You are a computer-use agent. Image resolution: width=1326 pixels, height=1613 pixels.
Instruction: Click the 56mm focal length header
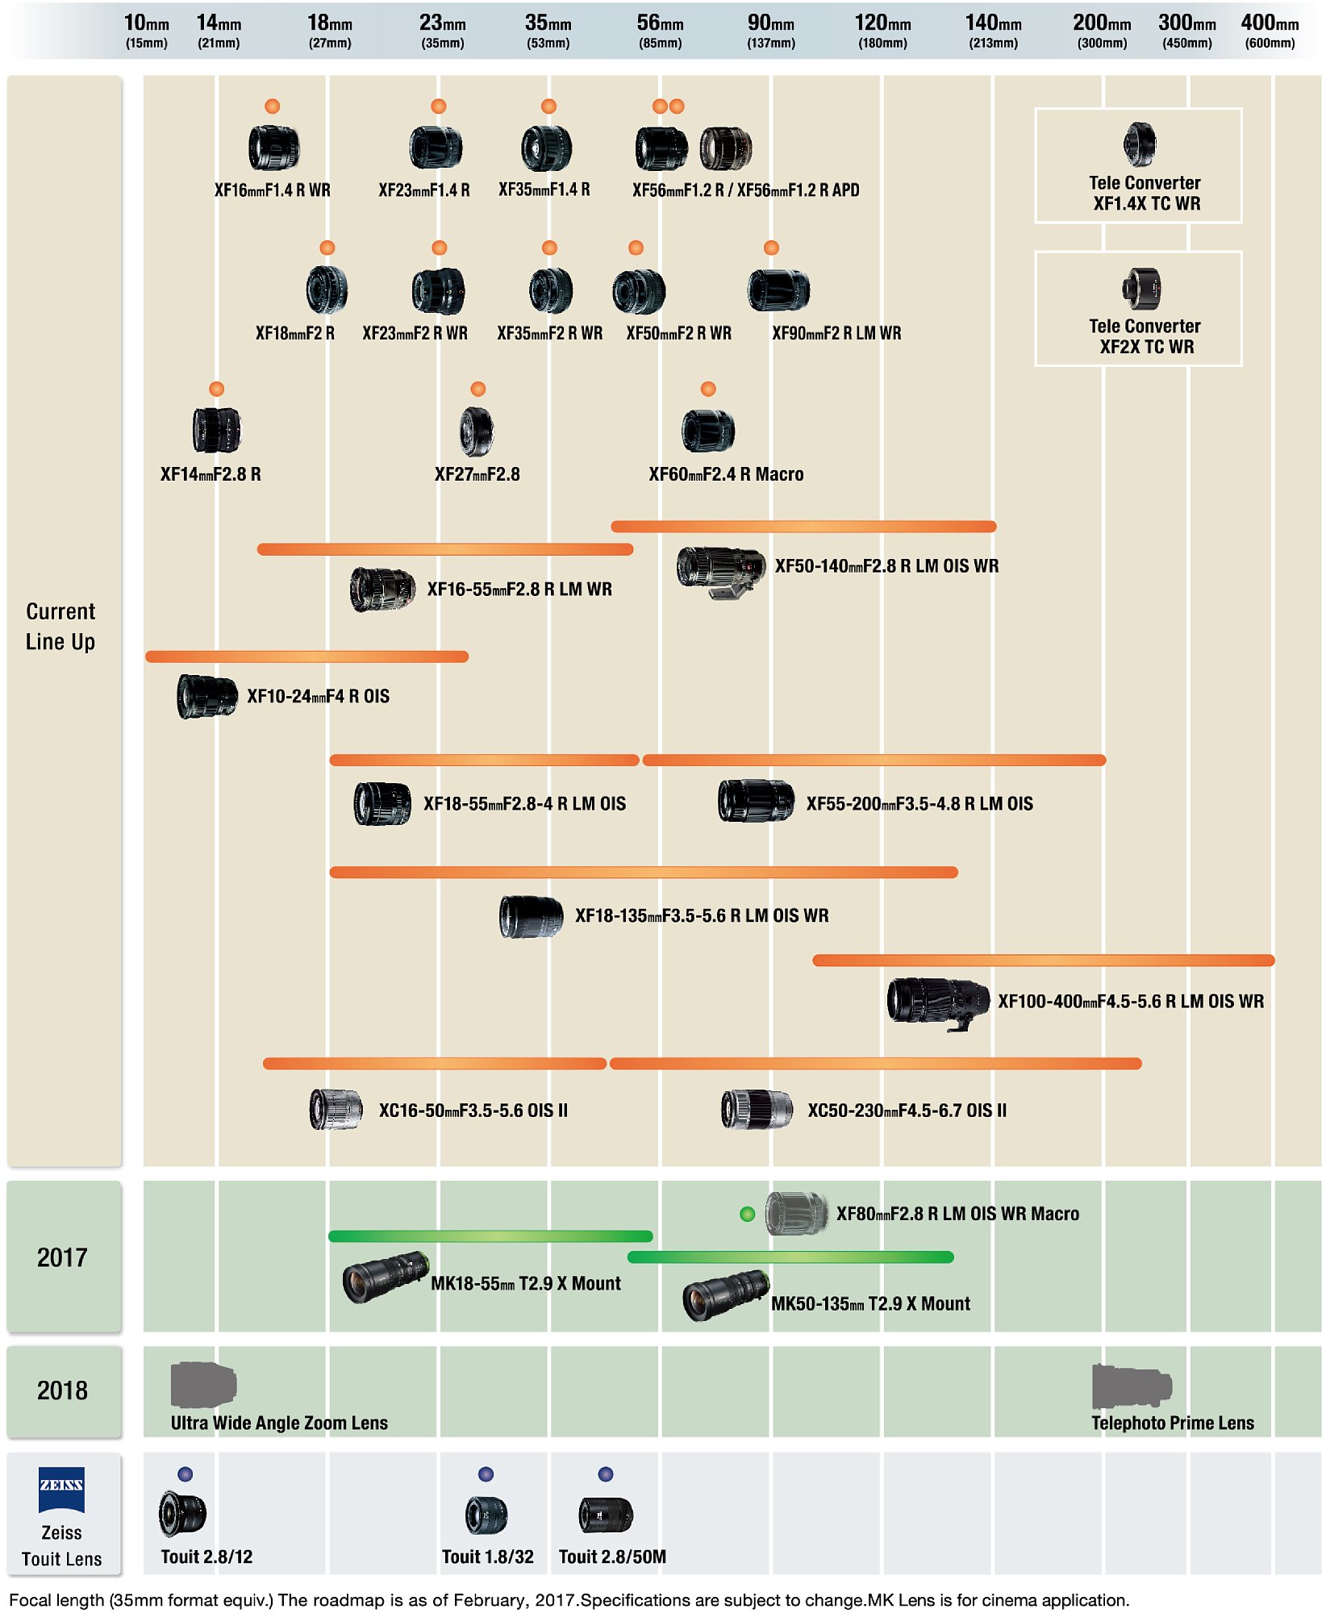tap(660, 31)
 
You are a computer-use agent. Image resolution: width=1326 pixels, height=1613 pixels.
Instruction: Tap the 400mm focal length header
tap(1270, 31)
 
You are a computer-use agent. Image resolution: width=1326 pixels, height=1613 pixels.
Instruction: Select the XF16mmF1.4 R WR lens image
tap(273, 148)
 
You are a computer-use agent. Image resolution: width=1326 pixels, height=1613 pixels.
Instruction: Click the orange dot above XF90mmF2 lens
tap(771, 248)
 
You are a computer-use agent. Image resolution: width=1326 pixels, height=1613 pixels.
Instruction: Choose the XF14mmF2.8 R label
tap(211, 474)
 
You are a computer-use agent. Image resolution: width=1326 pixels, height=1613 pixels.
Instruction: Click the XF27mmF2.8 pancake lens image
tap(477, 431)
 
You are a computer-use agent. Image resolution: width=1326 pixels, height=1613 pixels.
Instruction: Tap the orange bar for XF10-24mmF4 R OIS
tap(306, 656)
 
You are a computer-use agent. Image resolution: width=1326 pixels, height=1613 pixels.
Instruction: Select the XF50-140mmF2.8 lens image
tap(721, 571)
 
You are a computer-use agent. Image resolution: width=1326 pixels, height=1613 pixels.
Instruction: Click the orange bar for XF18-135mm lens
tap(644, 872)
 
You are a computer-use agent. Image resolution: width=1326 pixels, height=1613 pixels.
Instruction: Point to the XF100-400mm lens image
tap(938, 1003)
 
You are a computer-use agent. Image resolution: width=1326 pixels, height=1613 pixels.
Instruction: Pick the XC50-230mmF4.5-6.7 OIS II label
tap(907, 1111)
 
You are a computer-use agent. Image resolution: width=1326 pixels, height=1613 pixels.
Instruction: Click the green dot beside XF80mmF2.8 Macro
tap(748, 1214)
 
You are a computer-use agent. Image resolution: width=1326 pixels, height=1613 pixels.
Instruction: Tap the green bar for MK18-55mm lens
tap(490, 1236)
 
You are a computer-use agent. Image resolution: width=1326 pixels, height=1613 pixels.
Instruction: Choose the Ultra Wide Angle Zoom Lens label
tap(279, 1423)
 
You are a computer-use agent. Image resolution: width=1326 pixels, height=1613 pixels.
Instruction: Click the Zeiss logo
tap(62, 1490)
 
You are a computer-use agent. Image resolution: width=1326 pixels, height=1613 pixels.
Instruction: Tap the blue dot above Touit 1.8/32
tap(486, 1474)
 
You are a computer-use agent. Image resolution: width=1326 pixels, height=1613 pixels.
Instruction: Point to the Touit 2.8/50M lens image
tap(606, 1515)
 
